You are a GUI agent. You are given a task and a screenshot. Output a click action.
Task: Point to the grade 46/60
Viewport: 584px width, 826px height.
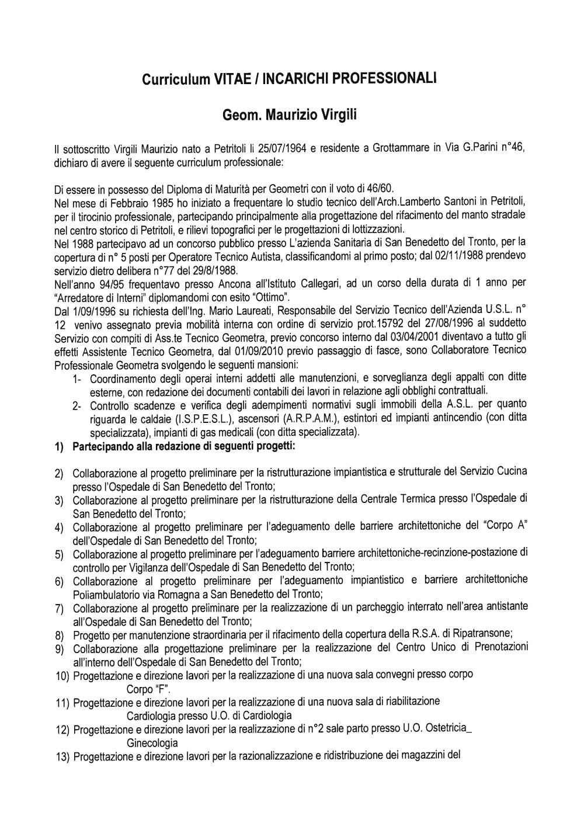pos(378,188)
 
